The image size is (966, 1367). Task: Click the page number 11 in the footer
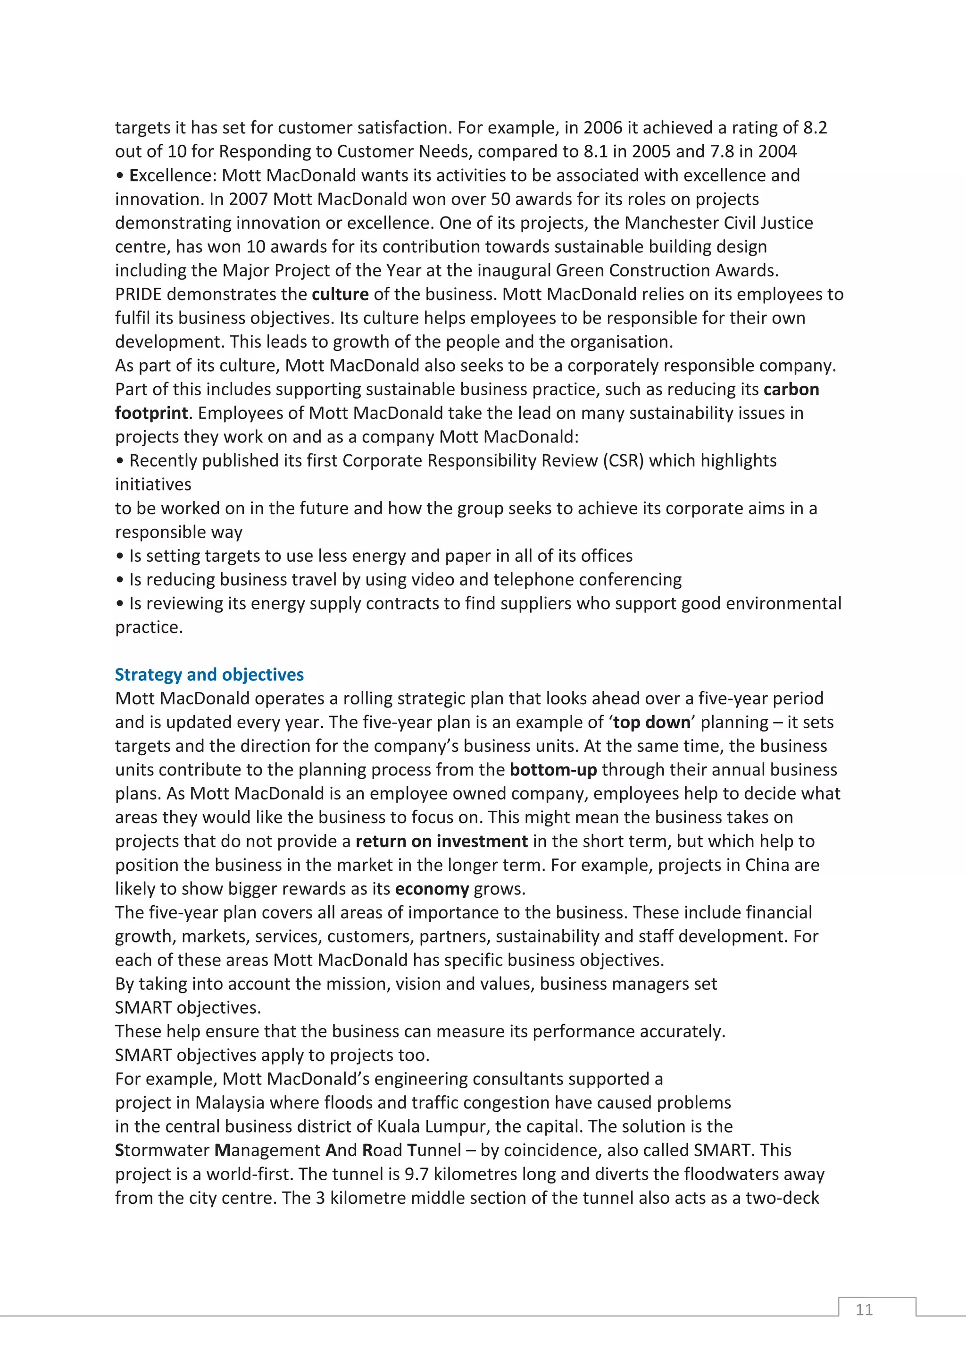[864, 1309]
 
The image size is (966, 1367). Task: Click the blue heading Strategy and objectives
[209, 675]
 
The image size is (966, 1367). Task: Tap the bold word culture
[340, 294]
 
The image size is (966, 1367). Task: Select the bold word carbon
[791, 389]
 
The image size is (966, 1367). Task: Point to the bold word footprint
[151, 413]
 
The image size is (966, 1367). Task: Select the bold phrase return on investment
[441, 841]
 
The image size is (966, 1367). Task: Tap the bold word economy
[432, 889]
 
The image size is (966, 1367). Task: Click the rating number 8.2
[815, 127]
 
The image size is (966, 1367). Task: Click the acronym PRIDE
[139, 294]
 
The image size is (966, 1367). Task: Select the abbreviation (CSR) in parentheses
[623, 461]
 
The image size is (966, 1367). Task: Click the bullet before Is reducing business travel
[120, 580]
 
